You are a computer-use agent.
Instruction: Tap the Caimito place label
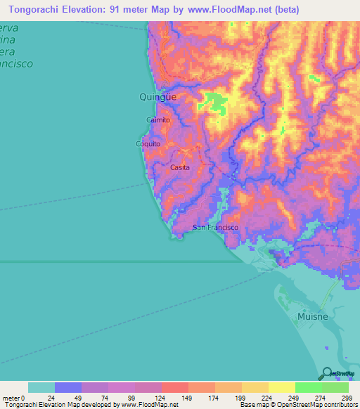click(x=157, y=120)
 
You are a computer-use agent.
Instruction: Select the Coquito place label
click(x=148, y=144)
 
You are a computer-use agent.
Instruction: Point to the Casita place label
click(x=180, y=168)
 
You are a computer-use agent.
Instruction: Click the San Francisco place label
click(x=216, y=228)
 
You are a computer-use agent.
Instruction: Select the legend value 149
click(x=188, y=398)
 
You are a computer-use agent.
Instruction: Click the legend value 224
click(x=268, y=398)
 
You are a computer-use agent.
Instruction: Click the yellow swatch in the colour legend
click(x=281, y=387)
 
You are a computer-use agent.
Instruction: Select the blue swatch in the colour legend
click(x=68, y=387)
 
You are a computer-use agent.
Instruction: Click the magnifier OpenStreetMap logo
click(x=326, y=373)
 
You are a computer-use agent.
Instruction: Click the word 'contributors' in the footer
click(x=339, y=405)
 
